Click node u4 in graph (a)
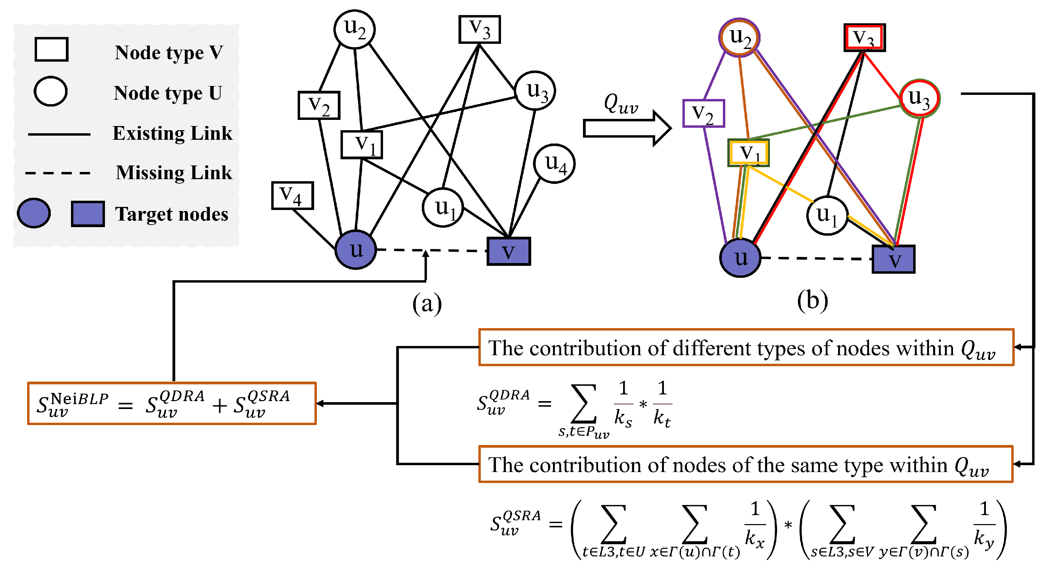click(x=554, y=163)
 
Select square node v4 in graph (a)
click(x=293, y=196)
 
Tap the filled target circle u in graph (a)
click(x=356, y=250)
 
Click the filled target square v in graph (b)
click(x=893, y=260)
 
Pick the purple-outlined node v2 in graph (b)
click(x=703, y=113)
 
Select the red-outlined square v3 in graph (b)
click(x=864, y=38)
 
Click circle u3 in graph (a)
click(x=535, y=90)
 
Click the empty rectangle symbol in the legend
click(x=51, y=50)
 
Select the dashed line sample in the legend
click(x=58, y=173)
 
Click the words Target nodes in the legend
click(x=171, y=214)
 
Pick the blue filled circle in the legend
click(x=34, y=213)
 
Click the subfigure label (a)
click(x=427, y=303)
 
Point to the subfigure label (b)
click(x=812, y=301)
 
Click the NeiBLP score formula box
click(x=171, y=404)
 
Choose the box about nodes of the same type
click(x=745, y=464)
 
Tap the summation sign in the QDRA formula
click(x=584, y=404)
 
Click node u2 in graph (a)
click(x=354, y=29)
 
